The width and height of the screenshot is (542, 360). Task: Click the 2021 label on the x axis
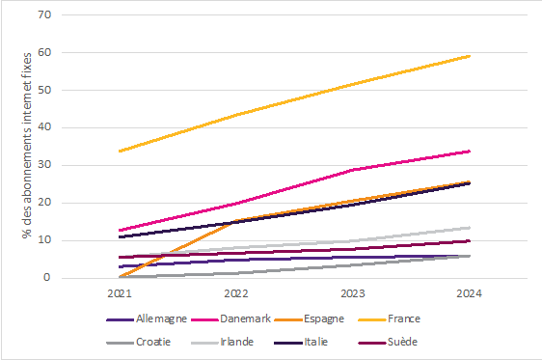[x=120, y=292]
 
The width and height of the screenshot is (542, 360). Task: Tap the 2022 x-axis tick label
[x=236, y=292]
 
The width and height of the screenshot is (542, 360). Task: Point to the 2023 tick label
[x=353, y=292]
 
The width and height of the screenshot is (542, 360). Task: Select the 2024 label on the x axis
[x=470, y=292]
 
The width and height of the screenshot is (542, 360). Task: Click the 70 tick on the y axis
[x=43, y=15]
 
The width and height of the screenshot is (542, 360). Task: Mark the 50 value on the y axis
[x=43, y=91]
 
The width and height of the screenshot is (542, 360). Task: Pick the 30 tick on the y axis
[x=43, y=165]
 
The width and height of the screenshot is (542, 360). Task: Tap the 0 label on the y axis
[x=46, y=278]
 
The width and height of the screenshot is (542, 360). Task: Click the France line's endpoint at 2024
[x=470, y=56]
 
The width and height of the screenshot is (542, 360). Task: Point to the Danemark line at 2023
[x=353, y=170]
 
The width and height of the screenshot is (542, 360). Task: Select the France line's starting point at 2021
[x=120, y=151]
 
